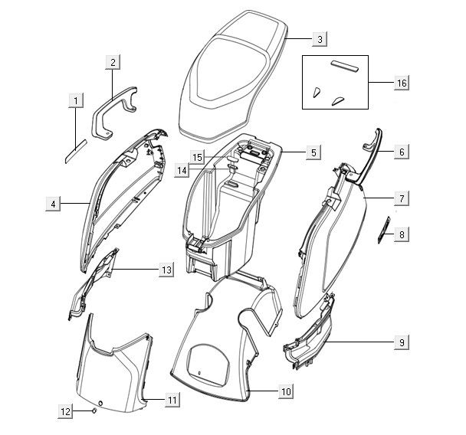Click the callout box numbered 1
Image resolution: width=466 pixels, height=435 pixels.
pyautogui.click(x=75, y=100)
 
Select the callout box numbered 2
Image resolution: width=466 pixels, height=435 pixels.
pyautogui.click(x=113, y=63)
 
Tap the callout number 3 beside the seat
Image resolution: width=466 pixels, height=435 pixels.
pyautogui.click(x=321, y=38)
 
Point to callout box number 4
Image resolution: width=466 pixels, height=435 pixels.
pyautogui.click(x=53, y=204)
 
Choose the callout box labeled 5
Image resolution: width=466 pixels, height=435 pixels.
pyautogui.click(x=313, y=152)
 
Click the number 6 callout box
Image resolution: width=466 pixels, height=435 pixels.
pyautogui.click(x=402, y=152)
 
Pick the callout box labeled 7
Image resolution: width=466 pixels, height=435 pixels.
pyautogui.click(x=402, y=198)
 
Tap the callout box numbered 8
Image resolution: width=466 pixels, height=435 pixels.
pyautogui.click(x=402, y=234)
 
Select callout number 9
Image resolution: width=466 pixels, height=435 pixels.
pyautogui.click(x=402, y=342)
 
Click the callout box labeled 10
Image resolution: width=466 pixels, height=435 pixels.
pyautogui.click(x=285, y=391)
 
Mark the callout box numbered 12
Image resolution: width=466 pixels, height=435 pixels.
pyautogui.click(x=67, y=411)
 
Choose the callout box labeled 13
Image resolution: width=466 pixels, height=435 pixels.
pyautogui.click(x=166, y=270)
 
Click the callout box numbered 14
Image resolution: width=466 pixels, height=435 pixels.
pyautogui.click(x=181, y=170)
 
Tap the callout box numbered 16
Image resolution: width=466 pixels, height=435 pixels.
pyautogui.click(x=402, y=83)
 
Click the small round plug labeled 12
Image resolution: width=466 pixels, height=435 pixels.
pyautogui.click(x=94, y=411)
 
